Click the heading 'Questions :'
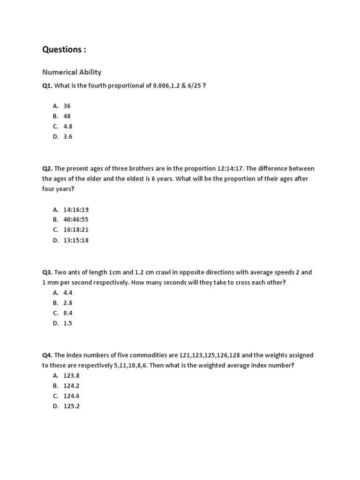[64, 50]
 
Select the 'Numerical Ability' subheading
[72, 72]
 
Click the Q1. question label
[48, 86]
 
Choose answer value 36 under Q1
[67, 106]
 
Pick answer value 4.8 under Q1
[68, 127]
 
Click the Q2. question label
[48, 168]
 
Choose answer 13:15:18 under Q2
[76, 240]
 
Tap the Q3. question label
[48, 272]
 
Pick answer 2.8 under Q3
[68, 303]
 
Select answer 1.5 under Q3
[68, 323]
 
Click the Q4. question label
[48, 355]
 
